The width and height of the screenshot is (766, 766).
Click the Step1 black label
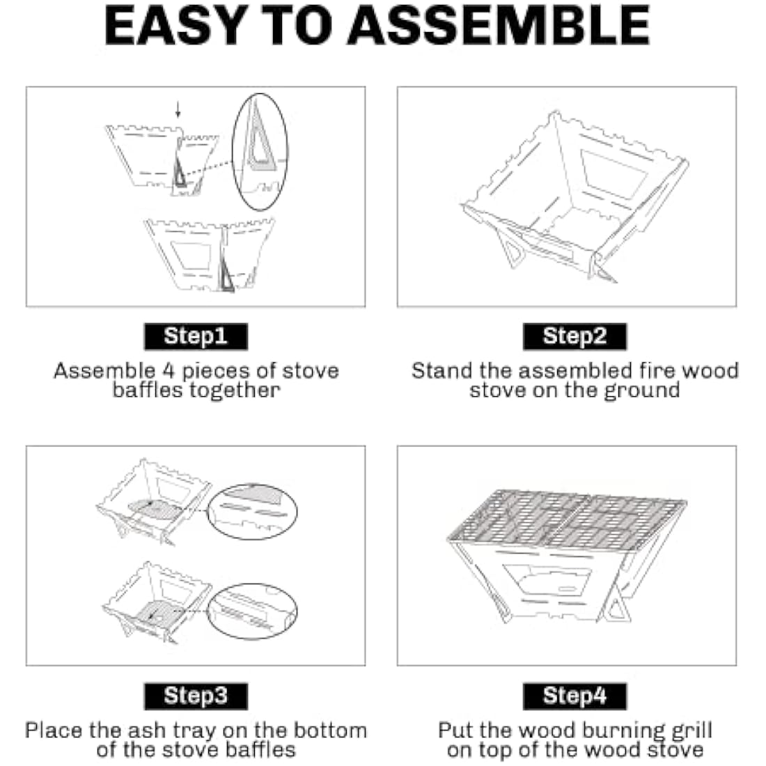pos(196,336)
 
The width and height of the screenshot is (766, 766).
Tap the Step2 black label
pos(574,336)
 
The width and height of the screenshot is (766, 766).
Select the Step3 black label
pos(196,696)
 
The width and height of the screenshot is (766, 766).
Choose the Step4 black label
pos(574,696)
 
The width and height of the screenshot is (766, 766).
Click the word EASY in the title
pos(174,26)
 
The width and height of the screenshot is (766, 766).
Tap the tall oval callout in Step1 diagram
pos(260,151)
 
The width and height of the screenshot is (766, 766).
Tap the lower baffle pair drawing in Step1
pos(209,254)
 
